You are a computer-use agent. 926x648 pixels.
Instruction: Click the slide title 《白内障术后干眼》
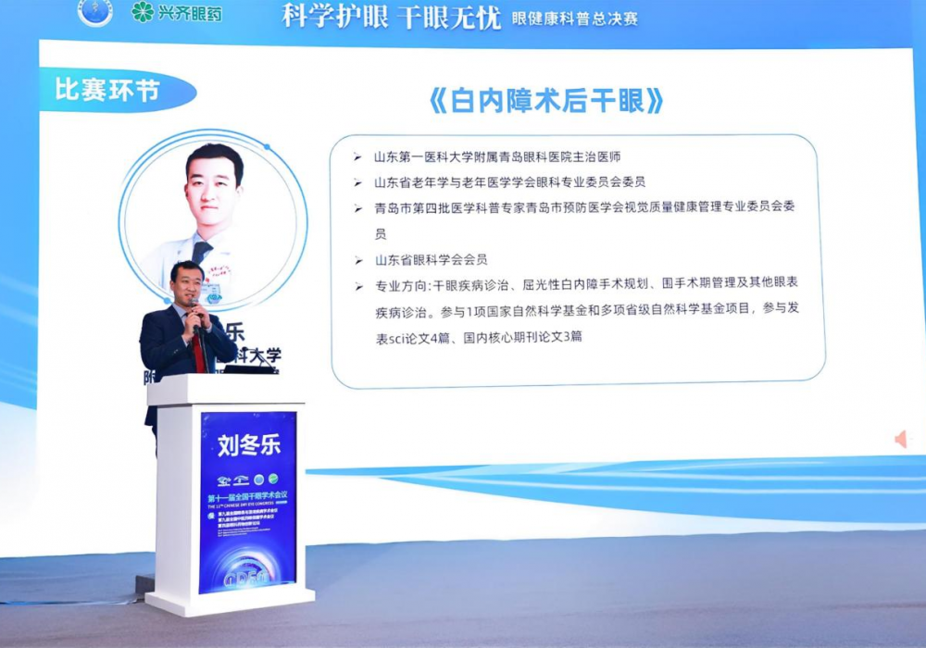(546, 101)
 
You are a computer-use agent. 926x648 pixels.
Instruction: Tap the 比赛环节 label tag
(107, 91)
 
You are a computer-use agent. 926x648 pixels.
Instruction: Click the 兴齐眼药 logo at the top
(177, 13)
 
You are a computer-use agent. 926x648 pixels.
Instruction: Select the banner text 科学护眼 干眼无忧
(392, 16)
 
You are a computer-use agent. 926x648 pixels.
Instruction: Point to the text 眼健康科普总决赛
(575, 18)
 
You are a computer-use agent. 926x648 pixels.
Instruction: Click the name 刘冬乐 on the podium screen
(248, 445)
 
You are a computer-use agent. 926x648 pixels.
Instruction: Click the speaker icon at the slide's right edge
(900, 439)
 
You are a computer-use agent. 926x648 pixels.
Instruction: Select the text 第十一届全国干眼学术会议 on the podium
(247, 497)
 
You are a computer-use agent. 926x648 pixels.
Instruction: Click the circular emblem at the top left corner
(94, 12)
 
